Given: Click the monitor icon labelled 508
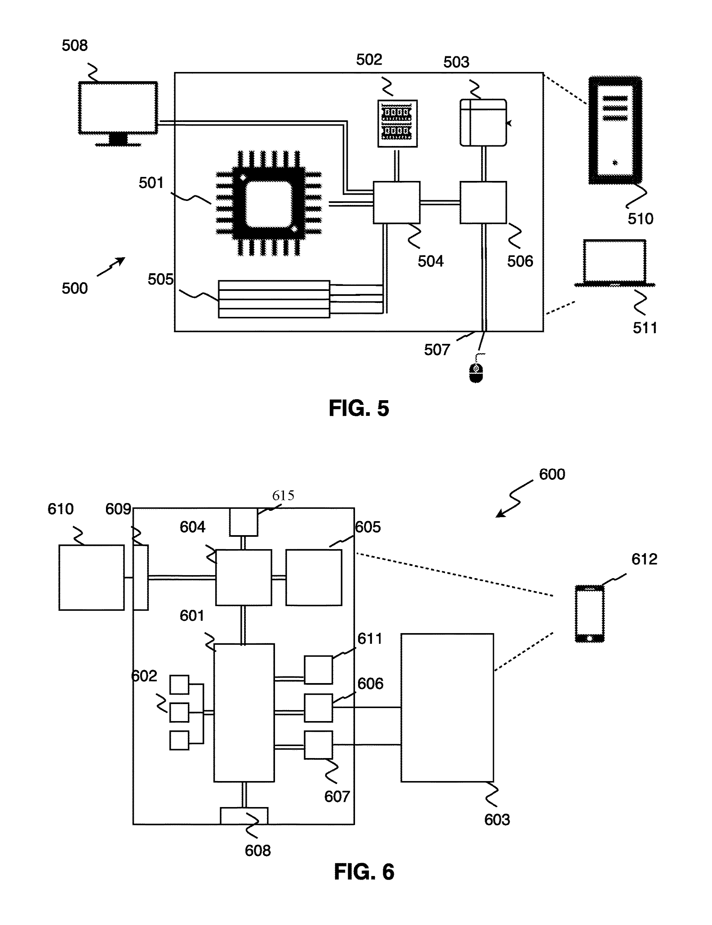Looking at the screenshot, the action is pos(118,114).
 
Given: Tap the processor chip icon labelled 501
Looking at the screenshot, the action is pos(269,203).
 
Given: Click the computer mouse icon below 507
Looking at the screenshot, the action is pos(476,372).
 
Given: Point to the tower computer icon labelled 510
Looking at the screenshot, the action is pos(615,130).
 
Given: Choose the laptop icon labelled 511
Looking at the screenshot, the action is pos(615,263).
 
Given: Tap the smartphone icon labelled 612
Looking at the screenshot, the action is pos(590,614).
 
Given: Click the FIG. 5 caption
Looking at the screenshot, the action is pos(359,408).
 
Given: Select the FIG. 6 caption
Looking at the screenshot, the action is pos(364,872).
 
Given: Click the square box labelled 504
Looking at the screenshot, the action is pos(397,203).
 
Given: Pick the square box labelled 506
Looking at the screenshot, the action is pos(483,203).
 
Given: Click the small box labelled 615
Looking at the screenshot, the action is pos(244,522).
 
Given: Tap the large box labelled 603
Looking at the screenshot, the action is pos(447,708).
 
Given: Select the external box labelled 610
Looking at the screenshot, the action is pos(92,577).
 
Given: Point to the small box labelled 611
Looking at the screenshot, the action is pos(318,670).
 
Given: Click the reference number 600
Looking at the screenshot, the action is pos(552,474).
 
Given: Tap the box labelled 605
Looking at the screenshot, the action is pos(314,577).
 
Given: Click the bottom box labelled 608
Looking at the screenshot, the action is pos(244,816).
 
